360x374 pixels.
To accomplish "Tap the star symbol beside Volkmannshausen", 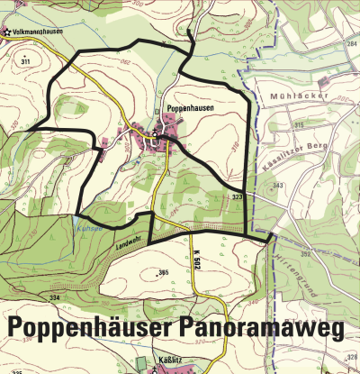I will point(5,32).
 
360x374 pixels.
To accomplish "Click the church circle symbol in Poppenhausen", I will point(155,134).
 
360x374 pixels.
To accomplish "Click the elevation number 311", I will point(25,60).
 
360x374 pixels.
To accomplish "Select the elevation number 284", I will point(351,42).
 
